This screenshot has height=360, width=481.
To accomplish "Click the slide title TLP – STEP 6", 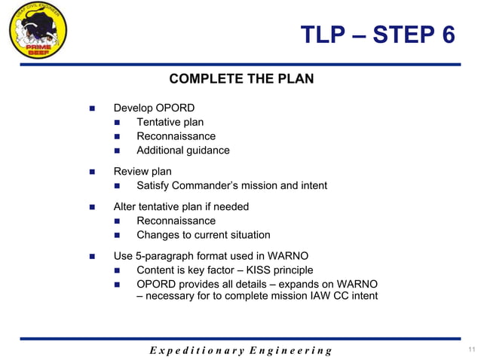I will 378,35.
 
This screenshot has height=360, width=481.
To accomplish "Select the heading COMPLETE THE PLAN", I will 241,79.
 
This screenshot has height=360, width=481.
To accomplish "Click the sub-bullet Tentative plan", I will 170,122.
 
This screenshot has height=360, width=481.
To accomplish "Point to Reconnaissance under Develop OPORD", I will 176,136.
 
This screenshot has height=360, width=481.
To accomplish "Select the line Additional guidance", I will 182,151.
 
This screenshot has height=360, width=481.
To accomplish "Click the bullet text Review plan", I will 142,172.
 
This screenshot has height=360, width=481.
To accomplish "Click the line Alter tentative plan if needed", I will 181,206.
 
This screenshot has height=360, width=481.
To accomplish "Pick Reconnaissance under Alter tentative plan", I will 176,221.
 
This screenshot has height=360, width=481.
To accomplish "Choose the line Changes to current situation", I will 203,235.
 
